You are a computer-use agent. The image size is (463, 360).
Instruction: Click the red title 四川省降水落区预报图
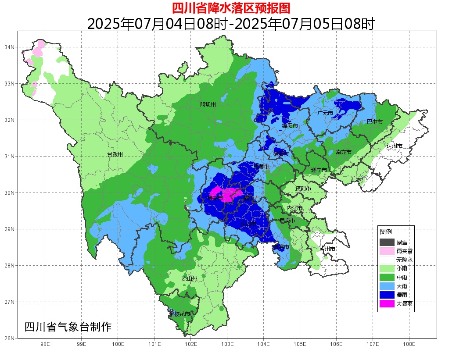(x=231, y=7)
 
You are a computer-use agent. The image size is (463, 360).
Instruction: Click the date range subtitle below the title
(x=231, y=24)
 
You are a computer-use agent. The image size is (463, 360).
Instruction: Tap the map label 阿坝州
(x=208, y=105)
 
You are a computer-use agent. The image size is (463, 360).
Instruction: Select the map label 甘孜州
(x=115, y=155)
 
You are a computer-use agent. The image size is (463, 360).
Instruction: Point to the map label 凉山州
(x=190, y=279)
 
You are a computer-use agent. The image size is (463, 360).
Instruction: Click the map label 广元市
(x=325, y=113)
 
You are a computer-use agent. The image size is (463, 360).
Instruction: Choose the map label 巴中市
(x=375, y=122)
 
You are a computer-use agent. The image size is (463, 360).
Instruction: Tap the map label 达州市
(x=395, y=146)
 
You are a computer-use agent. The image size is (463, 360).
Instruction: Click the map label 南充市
(x=343, y=152)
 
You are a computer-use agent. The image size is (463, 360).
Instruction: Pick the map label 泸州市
(x=327, y=249)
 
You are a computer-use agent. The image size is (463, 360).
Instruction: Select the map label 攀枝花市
(x=179, y=314)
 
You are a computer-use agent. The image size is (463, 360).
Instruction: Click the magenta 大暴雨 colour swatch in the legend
(x=387, y=303)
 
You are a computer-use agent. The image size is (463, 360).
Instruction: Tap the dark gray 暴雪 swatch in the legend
(x=387, y=242)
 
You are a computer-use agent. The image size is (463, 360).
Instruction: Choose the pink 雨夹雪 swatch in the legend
(x=387, y=251)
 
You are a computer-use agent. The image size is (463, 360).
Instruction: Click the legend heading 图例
(x=386, y=232)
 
